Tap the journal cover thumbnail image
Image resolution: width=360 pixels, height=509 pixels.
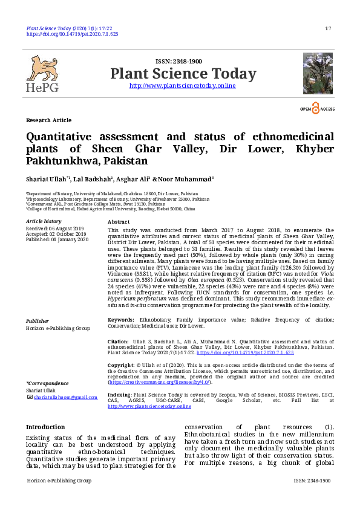(x=318, y=73)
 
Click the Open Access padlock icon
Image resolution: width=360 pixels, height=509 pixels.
(x=315, y=108)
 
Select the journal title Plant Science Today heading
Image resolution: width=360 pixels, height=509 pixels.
(x=183, y=74)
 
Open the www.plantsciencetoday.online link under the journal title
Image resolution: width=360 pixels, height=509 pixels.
(x=183, y=86)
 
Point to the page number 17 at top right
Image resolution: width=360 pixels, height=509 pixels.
(x=328, y=29)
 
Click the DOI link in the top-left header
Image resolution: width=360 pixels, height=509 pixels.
(x=72, y=34)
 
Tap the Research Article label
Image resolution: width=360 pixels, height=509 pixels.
(x=48, y=120)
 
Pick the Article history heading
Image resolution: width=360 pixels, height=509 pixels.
(x=44, y=222)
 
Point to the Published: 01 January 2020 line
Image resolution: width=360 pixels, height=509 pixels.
(x=57, y=239)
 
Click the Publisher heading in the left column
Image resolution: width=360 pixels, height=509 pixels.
(x=38, y=320)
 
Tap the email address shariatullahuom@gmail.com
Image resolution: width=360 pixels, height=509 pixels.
(x=65, y=397)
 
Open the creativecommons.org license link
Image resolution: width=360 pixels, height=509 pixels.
(x=159, y=382)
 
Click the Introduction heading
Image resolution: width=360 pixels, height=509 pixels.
(x=45, y=427)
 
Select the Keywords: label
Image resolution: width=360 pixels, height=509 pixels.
(x=120, y=319)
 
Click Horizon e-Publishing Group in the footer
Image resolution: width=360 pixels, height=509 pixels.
(x=59, y=481)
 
